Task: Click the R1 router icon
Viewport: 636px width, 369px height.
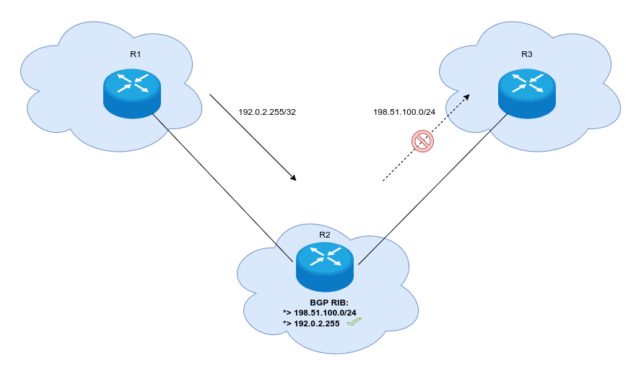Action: click(x=131, y=92)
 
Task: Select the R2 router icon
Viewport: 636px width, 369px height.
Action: click(x=324, y=265)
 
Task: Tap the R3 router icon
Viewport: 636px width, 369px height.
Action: click(x=527, y=92)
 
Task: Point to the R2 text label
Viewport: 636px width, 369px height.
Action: click(x=324, y=235)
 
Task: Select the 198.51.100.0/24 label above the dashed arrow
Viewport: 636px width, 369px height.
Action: click(x=404, y=112)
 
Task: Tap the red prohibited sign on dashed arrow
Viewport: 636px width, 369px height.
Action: click(x=422, y=141)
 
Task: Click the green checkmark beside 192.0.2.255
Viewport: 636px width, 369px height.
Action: click(x=353, y=323)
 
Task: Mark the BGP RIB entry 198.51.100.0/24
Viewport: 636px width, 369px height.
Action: click(x=320, y=313)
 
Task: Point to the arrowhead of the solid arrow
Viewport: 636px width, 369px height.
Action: click(x=294, y=178)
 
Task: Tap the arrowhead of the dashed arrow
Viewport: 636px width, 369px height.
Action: click(x=466, y=97)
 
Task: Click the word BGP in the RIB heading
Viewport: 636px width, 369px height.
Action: click(x=319, y=302)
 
